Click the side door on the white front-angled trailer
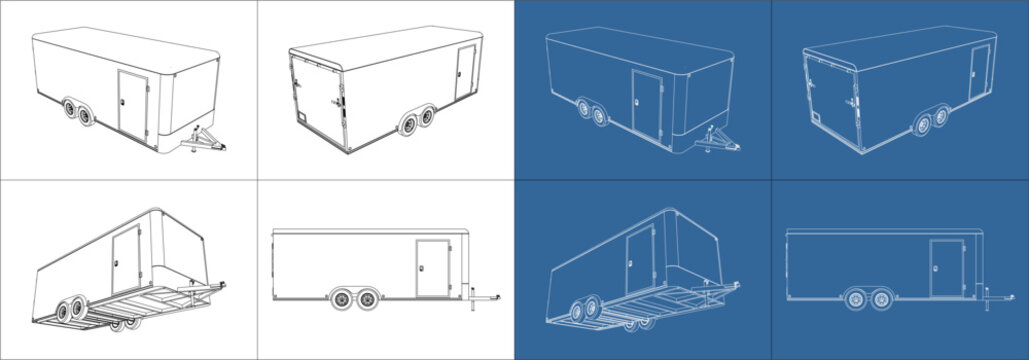[x=132, y=103]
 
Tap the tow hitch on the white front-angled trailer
[x=208, y=139]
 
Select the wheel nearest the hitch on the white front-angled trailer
[x=86, y=117]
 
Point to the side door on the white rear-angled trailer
[x=465, y=73]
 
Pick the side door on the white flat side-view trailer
[x=432, y=268]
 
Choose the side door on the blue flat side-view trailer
[x=945, y=268]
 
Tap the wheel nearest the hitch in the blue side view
[x=882, y=298]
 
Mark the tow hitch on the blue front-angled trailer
[x=722, y=139]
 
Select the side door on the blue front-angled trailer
[x=646, y=103]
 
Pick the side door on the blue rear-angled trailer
[x=979, y=73]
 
